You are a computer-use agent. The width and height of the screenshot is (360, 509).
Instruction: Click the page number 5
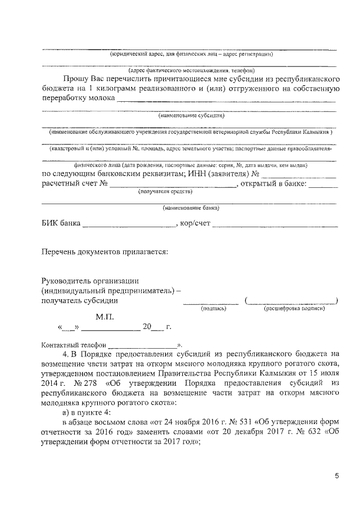(x=336, y=476)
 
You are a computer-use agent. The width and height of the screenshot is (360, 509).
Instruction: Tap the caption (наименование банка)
(x=191, y=208)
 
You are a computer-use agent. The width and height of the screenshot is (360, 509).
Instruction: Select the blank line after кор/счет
(x=275, y=226)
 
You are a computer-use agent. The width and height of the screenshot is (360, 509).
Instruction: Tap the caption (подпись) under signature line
(x=213, y=308)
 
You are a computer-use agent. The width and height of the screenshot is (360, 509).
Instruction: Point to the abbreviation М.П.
(x=105, y=317)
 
